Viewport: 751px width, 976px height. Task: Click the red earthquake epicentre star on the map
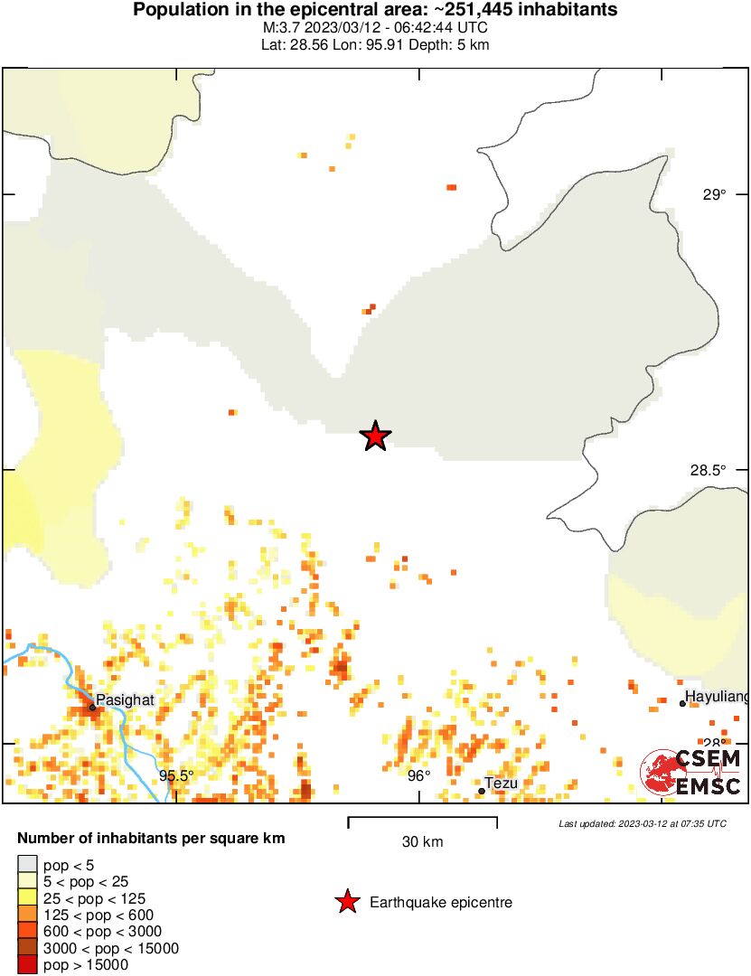pyautogui.click(x=375, y=436)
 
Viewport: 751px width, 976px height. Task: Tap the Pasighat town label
pyautogui.click(x=126, y=699)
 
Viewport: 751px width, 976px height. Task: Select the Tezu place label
pyautogui.click(x=502, y=784)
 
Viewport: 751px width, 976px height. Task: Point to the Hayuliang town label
pyautogui.click(x=718, y=697)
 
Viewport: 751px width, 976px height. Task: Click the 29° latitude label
pyautogui.click(x=715, y=194)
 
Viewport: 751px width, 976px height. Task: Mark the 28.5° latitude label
pyautogui.click(x=709, y=470)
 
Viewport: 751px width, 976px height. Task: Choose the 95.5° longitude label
pyautogui.click(x=177, y=775)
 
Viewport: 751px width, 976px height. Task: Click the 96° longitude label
pyautogui.click(x=418, y=775)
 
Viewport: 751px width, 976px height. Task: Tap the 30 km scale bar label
pyautogui.click(x=422, y=842)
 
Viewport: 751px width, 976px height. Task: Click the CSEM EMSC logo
pyautogui.click(x=691, y=773)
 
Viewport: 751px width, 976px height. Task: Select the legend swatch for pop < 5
pyautogui.click(x=28, y=865)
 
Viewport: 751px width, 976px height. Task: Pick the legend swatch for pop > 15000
pyautogui.click(x=28, y=964)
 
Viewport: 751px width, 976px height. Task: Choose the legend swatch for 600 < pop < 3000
pyautogui.click(x=28, y=932)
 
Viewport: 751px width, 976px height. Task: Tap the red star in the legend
pyautogui.click(x=346, y=902)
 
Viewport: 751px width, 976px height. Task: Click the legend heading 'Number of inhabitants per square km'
pyautogui.click(x=151, y=839)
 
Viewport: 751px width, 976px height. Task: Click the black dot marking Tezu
pyautogui.click(x=482, y=791)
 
